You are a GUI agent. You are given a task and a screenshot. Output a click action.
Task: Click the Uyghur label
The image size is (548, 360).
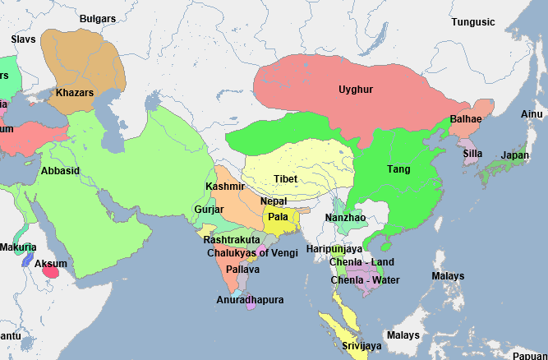(356, 89)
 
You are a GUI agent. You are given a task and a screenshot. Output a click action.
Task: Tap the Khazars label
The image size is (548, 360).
(75, 93)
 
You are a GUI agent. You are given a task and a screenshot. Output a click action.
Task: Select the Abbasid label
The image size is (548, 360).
(60, 171)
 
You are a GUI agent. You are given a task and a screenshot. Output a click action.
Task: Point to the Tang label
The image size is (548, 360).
(398, 169)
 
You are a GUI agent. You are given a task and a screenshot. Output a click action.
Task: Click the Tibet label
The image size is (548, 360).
(286, 178)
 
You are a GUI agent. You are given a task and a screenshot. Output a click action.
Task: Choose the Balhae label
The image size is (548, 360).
(467, 120)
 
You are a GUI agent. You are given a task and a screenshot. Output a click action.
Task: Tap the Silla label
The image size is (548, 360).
(472, 153)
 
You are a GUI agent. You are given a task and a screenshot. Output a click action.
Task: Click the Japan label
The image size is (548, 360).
(514, 155)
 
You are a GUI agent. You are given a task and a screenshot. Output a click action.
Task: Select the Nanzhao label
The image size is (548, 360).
(343, 218)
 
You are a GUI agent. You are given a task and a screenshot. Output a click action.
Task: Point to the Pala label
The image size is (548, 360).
(278, 216)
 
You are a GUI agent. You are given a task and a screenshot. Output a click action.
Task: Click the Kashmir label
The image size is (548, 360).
(225, 187)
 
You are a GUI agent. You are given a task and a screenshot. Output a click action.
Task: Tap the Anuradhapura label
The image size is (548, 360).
(250, 300)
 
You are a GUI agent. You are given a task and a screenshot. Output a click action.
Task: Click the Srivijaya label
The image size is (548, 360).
(361, 346)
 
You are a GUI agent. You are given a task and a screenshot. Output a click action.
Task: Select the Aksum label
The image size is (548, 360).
(51, 264)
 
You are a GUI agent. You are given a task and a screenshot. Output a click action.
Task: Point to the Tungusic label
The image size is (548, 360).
(473, 21)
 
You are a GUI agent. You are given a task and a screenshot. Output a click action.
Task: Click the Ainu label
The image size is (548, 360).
(532, 113)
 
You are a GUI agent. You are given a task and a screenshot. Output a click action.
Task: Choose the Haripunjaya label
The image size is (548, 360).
(334, 248)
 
